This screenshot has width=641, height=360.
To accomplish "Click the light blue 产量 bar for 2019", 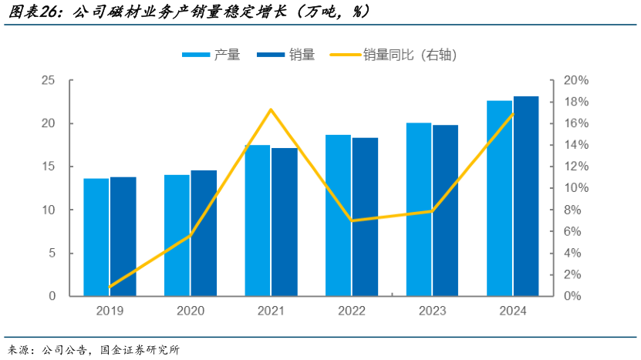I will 96,237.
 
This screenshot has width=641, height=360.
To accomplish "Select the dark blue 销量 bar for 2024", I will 526,197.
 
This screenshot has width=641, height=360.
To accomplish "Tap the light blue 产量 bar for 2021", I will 257,220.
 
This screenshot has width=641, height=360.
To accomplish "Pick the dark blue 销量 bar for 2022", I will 366,217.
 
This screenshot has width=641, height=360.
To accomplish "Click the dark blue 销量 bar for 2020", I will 204,233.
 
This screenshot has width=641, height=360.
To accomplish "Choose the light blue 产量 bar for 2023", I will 419,210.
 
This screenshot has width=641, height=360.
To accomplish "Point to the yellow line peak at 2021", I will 271,109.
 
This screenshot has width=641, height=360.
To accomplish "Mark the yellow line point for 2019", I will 110,287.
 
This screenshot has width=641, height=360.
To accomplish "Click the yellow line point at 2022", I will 352,220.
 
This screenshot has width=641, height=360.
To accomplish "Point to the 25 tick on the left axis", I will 47,81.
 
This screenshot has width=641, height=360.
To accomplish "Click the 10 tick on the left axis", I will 47,210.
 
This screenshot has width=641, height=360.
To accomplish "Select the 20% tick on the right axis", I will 576,81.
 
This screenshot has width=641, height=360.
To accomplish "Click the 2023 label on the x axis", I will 432,311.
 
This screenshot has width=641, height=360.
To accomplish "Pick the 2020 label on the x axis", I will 191,311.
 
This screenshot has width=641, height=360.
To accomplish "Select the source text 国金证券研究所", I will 140,350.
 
